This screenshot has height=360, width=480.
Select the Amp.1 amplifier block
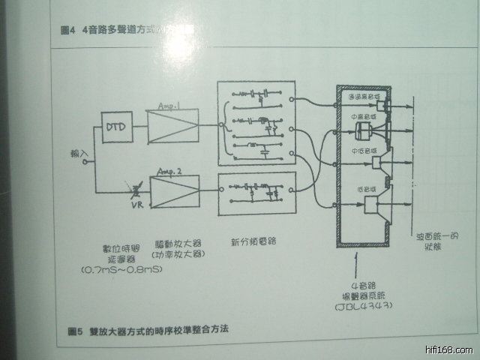173,126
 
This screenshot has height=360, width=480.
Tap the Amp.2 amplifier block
175,192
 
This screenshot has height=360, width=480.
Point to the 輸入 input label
79,154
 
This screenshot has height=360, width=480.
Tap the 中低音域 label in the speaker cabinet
363,149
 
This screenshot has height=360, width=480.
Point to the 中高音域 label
364,117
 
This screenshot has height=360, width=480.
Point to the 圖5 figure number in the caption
73,329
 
